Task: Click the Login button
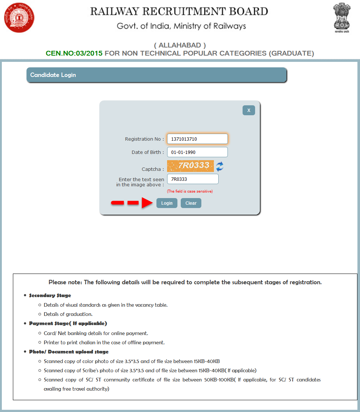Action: (x=167, y=203)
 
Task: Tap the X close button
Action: (x=249, y=110)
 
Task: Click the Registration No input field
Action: (x=197, y=139)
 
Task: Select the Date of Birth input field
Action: (x=197, y=152)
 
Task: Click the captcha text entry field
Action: (x=193, y=179)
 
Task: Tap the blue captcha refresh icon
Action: (x=220, y=166)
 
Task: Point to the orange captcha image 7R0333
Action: (x=190, y=166)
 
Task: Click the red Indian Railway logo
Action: (x=19, y=17)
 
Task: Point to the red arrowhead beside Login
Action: (x=147, y=203)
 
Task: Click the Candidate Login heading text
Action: (x=53, y=75)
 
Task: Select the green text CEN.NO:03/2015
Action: (x=74, y=53)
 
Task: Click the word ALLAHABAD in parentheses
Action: (x=180, y=45)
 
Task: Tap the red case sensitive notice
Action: (x=190, y=191)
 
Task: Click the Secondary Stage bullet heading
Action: (x=50, y=295)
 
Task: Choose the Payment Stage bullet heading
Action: (x=68, y=323)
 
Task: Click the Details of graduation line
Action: (x=68, y=314)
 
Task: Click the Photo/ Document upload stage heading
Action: (x=69, y=352)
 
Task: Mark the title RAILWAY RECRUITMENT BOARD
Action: (x=179, y=11)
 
